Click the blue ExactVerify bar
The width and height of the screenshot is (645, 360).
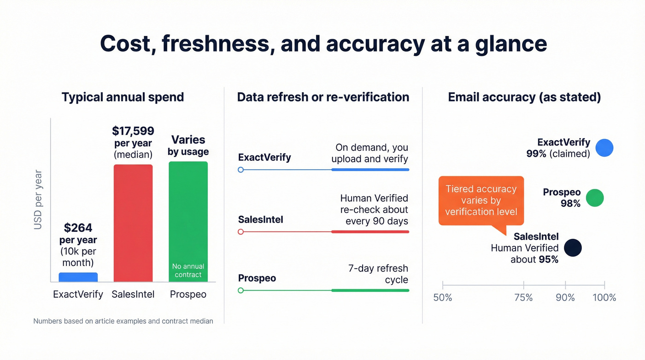point(78,277)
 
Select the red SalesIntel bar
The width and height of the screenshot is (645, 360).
point(133,223)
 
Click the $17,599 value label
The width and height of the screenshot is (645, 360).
point(133,131)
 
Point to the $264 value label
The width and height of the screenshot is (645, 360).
point(78,228)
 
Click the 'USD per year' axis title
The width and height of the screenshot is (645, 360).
point(38,200)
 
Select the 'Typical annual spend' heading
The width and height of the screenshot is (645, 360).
point(123,97)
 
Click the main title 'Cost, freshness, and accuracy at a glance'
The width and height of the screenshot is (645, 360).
point(323,44)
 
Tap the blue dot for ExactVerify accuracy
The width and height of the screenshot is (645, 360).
point(604,148)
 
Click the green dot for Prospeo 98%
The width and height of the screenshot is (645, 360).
point(594,198)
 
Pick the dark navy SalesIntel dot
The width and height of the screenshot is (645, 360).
point(573,248)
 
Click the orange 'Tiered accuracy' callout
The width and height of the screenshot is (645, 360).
point(481,201)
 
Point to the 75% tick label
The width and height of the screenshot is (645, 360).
point(523,298)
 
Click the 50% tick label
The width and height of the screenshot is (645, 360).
point(443,298)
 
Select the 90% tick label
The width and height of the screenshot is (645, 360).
point(565,298)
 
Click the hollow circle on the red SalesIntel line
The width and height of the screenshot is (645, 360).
point(240,232)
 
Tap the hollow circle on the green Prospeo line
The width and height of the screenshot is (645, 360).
point(240,290)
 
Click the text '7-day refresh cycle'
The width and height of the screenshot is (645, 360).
point(378,274)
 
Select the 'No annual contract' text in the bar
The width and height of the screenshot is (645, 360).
point(188,271)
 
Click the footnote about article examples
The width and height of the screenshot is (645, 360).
point(123,321)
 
